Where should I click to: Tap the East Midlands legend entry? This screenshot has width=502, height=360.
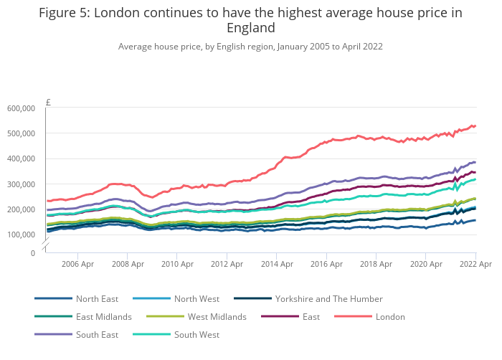click(x=104, y=316)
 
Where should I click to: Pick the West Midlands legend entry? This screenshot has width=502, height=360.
click(x=217, y=316)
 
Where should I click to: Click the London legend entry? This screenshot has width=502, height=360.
click(x=391, y=316)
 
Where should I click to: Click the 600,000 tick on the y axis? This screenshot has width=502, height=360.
click(x=22, y=108)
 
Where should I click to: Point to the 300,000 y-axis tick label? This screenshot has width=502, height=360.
click(x=22, y=184)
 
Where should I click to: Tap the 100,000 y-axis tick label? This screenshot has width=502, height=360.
click(x=22, y=235)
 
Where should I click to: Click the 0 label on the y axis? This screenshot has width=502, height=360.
click(x=32, y=253)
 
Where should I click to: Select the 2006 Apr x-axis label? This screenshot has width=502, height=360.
click(x=77, y=265)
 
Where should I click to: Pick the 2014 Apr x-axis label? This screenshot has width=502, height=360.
click(x=277, y=265)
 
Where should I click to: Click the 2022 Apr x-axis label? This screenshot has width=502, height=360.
click(x=475, y=265)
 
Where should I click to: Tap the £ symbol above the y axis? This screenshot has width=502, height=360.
click(x=48, y=103)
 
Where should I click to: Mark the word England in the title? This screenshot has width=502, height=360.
click(x=251, y=28)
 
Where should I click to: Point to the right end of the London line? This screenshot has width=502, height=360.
click(x=475, y=126)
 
